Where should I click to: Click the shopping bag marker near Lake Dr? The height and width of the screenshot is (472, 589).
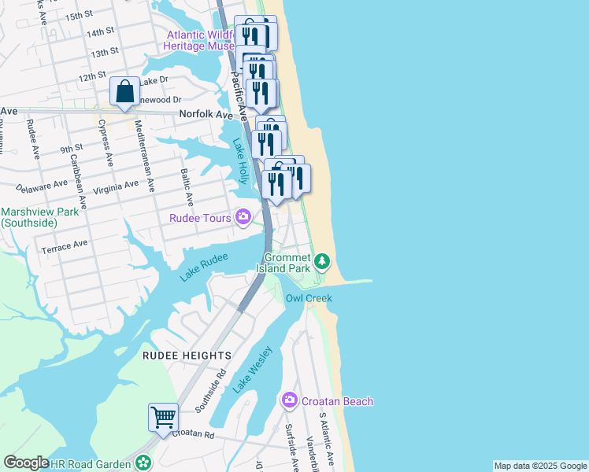pos(125,91)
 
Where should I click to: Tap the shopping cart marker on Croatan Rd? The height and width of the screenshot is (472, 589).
pos(163,418)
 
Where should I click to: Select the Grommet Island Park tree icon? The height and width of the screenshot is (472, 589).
pos(321,260)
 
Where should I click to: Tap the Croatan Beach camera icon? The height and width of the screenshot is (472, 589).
pos(289,401)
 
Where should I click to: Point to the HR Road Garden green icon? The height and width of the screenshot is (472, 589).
pos(143,464)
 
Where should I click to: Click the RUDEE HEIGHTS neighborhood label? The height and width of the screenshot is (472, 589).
pos(187,356)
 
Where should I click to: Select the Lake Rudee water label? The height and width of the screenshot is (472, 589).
pos(204,266)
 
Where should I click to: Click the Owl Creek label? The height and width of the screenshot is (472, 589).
pos(309,298)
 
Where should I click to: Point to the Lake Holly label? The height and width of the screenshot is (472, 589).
pos(240,157)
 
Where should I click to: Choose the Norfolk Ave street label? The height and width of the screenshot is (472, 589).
pos(206,114)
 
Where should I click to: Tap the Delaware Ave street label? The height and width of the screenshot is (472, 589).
pos(44,186)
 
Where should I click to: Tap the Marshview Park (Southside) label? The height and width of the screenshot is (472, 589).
pos(29,217)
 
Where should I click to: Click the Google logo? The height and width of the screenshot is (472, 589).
pos(26,463)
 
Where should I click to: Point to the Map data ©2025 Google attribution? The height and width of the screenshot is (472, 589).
pos(539,466)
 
